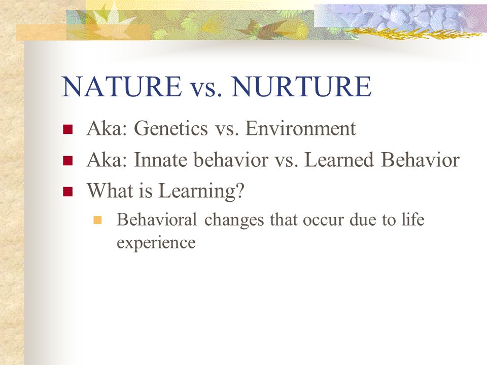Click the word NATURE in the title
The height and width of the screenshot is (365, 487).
[122, 86]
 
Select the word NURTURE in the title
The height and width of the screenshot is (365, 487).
[301, 86]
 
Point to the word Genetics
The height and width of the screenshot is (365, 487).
[171, 128]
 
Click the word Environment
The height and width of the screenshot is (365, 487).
[300, 128]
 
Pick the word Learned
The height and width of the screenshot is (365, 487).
[339, 160]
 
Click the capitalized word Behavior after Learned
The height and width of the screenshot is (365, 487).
[420, 160]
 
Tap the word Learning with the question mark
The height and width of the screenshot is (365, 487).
[201, 191]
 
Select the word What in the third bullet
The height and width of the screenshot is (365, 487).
[110, 190]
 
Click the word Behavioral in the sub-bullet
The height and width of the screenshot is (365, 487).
[157, 220]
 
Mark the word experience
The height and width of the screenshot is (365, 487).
[156, 243]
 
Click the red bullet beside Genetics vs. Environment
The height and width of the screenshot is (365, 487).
[67, 129]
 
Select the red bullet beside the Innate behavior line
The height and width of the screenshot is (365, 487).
[67, 161]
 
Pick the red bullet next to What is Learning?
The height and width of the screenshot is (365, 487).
[67, 192]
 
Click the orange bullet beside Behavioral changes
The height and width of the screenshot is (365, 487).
[97, 220]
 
